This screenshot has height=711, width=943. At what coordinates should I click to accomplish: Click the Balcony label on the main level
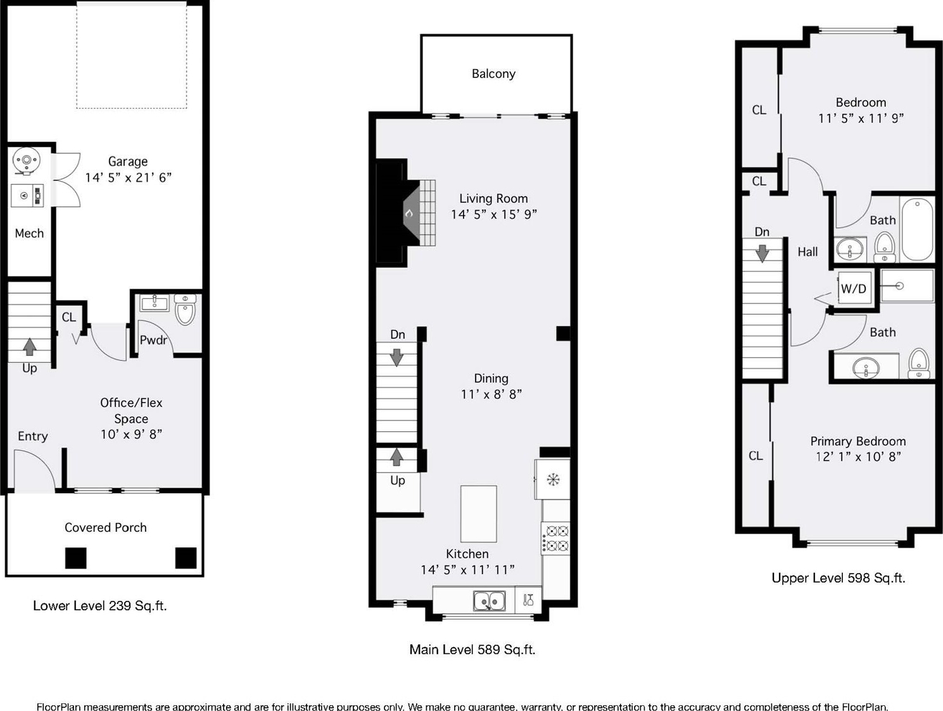[x=493, y=74]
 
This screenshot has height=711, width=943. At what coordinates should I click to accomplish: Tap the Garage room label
[x=127, y=161]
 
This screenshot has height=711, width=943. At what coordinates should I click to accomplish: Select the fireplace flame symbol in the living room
[x=409, y=213]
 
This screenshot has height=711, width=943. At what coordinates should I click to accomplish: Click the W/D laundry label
[x=853, y=289]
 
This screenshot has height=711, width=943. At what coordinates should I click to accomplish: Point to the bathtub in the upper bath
[x=917, y=229]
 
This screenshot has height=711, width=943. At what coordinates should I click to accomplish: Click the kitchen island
[x=479, y=514]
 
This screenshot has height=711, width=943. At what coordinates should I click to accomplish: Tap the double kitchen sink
[x=489, y=601]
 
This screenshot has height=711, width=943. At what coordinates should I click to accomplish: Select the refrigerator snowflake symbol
[x=553, y=479]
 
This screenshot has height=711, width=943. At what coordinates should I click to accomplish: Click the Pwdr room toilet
[x=186, y=309]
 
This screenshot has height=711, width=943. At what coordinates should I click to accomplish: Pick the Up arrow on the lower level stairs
[x=29, y=347]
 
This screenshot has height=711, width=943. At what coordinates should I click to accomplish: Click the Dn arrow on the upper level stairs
[x=762, y=253]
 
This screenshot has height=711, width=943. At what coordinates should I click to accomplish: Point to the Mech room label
[x=29, y=234]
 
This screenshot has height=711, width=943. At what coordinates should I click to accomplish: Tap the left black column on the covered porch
[x=75, y=558]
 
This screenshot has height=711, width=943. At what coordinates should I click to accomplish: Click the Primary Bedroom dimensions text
[x=858, y=456]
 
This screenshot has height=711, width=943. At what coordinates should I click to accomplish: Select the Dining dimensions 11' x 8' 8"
[x=491, y=394]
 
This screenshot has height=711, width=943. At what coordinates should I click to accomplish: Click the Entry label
[x=33, y=436]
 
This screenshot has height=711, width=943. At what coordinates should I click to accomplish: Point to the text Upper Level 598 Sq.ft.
[x=838, y=578]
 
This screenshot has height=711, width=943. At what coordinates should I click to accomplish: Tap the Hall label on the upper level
[x=807, y=252]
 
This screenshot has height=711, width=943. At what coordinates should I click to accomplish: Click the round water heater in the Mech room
[x=26, y=161]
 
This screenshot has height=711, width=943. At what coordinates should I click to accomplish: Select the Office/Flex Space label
[x=131, y=410]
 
